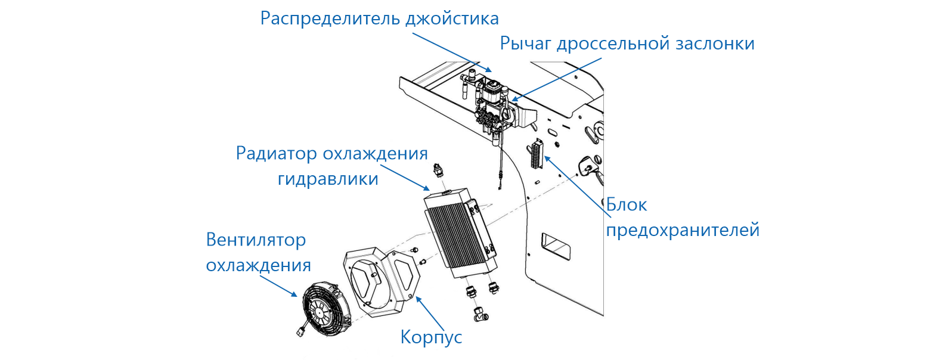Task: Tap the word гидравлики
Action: tap(328, 178)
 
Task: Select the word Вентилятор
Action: tap(256, 240)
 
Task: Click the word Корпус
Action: tap(431, 337)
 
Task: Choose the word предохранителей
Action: tap(683, 230)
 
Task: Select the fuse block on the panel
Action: tap(535, 156)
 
